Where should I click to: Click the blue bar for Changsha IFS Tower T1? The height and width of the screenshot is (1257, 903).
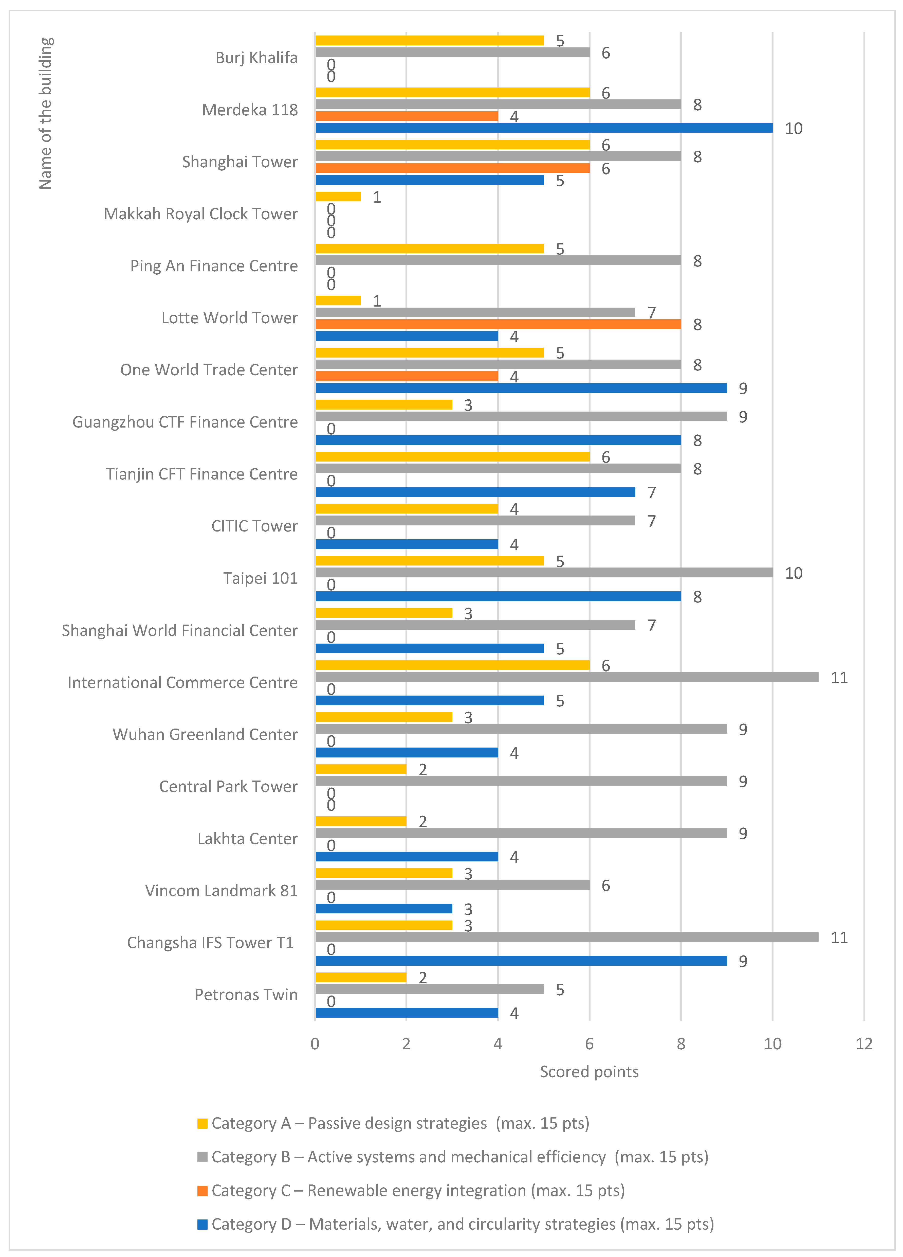(x=521, y=961)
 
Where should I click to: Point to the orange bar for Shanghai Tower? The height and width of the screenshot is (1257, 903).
(x=452, y=168)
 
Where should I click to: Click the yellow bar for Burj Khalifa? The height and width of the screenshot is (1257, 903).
(x=429, y=41)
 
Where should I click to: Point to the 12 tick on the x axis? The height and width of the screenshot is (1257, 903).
(x=864, y=1044)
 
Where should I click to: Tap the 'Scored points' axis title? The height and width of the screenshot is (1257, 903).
(x=589, y=1071)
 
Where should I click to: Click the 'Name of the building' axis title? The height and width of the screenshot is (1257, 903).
(x=45, y=114)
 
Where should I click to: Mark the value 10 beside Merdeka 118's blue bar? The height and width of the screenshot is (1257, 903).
(x=793, y=129)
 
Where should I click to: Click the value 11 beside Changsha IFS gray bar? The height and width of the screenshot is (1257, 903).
(x=839, y=937)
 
